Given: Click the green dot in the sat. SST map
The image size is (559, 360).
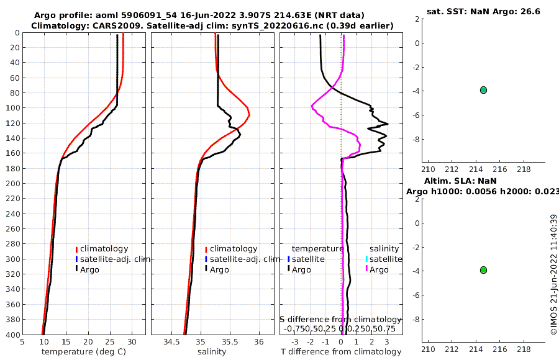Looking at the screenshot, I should (483, 90).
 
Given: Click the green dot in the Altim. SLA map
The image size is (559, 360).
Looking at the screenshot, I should (483, 270).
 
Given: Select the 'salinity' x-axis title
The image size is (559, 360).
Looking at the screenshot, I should (212, 352).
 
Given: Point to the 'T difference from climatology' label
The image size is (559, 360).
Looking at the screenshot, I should (341, 352).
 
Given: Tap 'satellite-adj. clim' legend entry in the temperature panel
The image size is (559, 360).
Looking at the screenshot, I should (116, 259).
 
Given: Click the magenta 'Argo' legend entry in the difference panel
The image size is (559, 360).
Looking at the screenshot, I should (378, 270).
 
